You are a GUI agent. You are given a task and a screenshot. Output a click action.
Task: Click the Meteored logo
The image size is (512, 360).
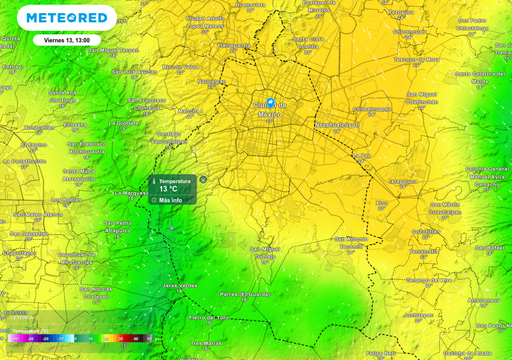[67, 18]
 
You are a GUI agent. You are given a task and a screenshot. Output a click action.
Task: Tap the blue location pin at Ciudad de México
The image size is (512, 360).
[270, 103]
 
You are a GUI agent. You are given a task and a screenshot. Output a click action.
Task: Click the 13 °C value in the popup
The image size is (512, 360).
[167, 188]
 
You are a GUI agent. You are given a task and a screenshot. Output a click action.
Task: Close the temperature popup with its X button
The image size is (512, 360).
[203, 180]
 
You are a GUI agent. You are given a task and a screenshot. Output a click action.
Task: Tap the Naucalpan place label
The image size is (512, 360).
[211, 81]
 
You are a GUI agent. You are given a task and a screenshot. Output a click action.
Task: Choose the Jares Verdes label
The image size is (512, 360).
[181, 285]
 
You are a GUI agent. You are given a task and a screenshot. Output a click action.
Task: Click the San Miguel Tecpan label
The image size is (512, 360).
[85, 49]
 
